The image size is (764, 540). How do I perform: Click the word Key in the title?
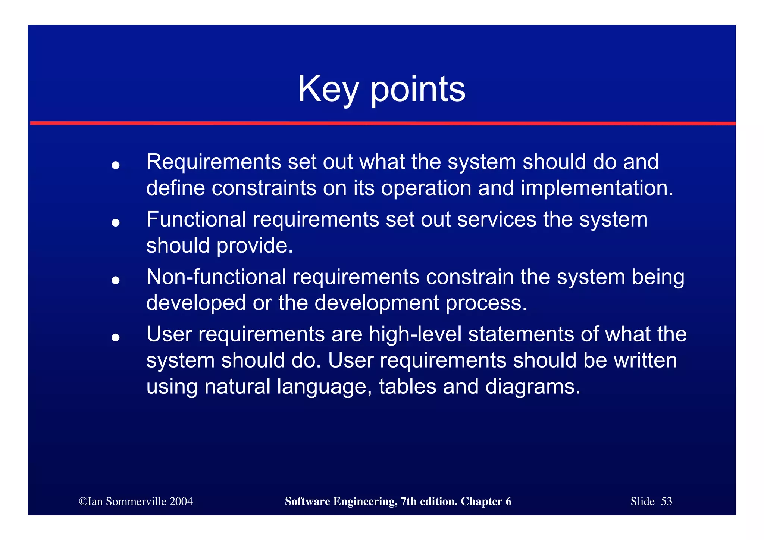(x=328, y=90)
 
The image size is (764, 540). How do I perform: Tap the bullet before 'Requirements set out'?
(x=116, y=165)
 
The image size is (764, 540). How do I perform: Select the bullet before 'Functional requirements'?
(x=116, y=223)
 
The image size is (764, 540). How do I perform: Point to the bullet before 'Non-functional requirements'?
(x=116, y=280)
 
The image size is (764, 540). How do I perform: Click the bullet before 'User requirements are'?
(x=116, y=338)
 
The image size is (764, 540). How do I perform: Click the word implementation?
(x=597, y=188)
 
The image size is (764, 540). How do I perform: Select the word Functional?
(x=196, y=219)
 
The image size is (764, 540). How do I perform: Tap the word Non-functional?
(x=216, y=277)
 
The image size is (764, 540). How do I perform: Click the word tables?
(x=407, y=386)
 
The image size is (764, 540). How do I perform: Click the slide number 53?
(x=666, y=501)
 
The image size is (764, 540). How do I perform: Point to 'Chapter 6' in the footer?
(x=486, y=501)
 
